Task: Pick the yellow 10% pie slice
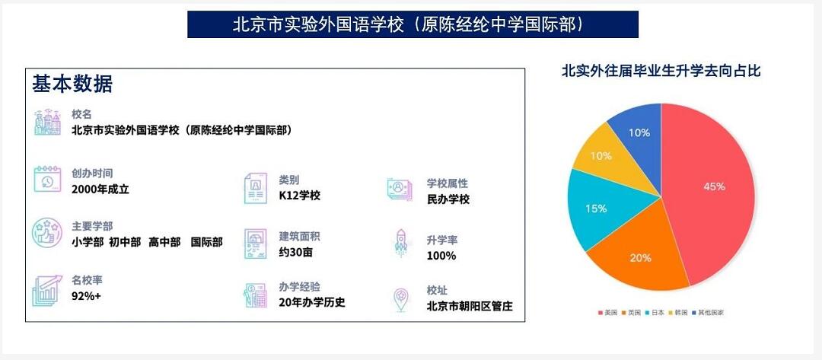coord(601,156)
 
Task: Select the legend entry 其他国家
coord(709,313)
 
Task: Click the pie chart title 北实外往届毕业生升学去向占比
coord(661,72)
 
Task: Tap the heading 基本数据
coord(72,84)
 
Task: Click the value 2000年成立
coord(100,189)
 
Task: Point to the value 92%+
coord(86,295)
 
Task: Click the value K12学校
coord(299,196)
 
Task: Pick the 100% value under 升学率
coord(441,256)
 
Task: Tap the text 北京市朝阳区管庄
coord(470,307)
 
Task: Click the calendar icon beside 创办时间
coord(46,180)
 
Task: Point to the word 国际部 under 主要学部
coord(206,242)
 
